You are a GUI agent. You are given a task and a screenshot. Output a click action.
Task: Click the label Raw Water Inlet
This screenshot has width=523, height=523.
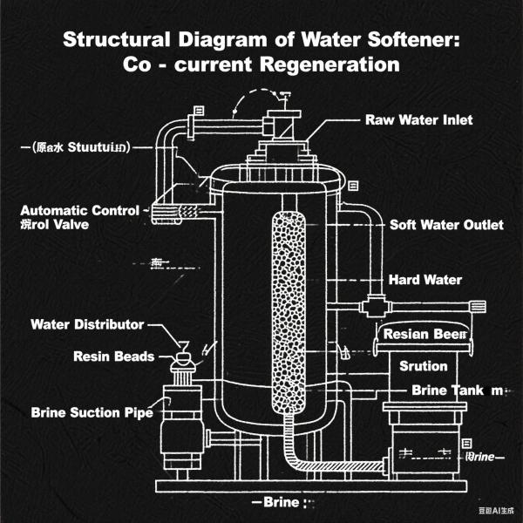pyautogui.click(x=418, y=119)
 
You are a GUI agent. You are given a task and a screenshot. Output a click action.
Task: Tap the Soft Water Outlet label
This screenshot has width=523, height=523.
pyautogui.click(x=445, y=225)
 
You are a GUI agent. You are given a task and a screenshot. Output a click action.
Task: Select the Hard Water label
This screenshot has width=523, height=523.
pyautogui.click(x=425, y=280)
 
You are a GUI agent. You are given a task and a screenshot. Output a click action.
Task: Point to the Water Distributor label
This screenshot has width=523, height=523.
pyautogui.click(x=87, y=325)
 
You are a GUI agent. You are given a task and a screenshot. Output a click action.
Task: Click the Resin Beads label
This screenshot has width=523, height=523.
pyautogui.click(x=113, y=357)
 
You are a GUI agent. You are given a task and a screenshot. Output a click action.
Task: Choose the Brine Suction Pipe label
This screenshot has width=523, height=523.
pyautogui.click(x=92, y=412)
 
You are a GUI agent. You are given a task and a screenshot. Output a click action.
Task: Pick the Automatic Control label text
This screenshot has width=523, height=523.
pyautogui.click(x=79, y=211)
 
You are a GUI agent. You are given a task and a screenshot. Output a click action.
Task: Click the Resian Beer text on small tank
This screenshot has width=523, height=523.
pyautogui.click(x=425, y=335)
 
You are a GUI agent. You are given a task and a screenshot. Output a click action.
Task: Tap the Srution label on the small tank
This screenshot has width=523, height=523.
pyautogui.click(x=423, y=365)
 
